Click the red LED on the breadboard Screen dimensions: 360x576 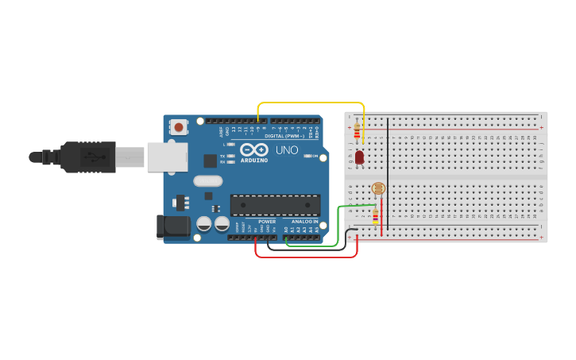(x=359, y=157)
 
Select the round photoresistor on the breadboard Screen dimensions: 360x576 (x=378, y=189)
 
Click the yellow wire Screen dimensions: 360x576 (x=310, y=103)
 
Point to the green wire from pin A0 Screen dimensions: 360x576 (x=314, y=245)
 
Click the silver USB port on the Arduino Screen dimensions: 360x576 (x=165, y=157)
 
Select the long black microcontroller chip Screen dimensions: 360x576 (x=275, y=205)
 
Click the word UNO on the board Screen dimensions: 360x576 (x=287, y=149)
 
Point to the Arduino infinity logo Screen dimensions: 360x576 (x=253, y=149)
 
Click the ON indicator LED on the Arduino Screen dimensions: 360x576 (x=307, y=156)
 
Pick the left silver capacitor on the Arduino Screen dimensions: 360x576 (x=204, y=224)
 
